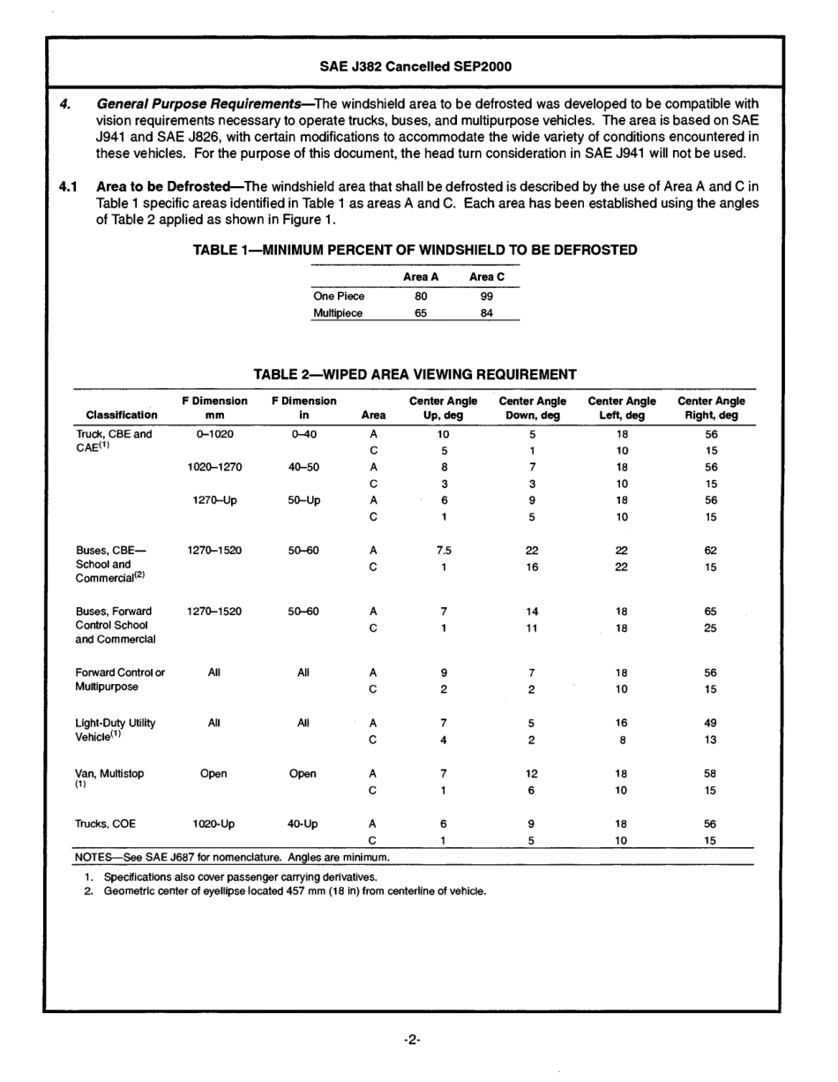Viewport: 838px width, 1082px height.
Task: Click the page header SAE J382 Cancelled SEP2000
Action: [415, 66]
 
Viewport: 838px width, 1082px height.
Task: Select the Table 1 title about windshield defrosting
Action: [415, 250]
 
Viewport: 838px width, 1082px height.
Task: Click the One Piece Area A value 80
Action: [421, 297]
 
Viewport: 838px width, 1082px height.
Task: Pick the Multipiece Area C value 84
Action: [487, 313]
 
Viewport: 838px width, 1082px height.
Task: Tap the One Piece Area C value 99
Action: [487, 297]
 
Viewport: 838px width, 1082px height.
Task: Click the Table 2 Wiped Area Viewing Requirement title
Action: [415, 374]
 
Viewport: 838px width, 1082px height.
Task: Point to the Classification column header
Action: [122, 415]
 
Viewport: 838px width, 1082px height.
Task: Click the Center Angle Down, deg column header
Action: [532, 408]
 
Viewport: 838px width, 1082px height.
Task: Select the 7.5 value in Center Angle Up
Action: [444, 550]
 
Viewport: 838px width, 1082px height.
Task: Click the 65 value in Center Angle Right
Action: [710, 611]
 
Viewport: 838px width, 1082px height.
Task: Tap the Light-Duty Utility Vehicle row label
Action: [115, 729]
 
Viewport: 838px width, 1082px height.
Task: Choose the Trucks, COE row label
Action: [105, 824]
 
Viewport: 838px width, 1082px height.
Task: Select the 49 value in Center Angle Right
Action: [710, 723]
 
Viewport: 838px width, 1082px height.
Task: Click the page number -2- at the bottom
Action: [413, 1041]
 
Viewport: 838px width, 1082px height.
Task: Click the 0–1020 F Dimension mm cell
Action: [214, 434]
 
